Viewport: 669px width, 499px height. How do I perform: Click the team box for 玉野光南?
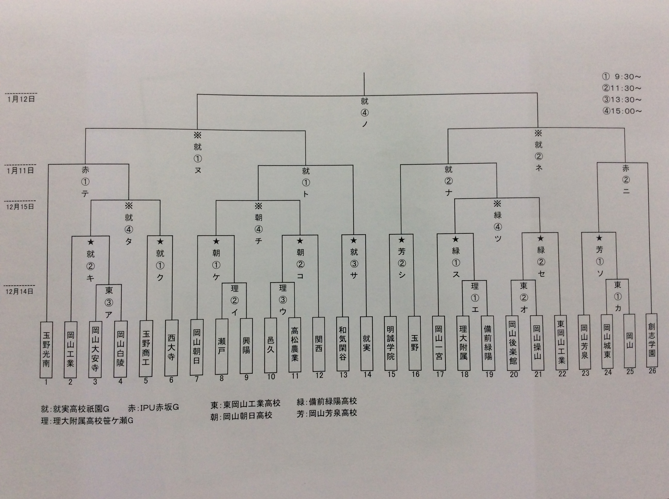coord(46,350)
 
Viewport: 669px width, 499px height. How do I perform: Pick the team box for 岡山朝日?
coord(197,347)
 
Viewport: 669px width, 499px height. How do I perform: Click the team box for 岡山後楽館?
coord(513,343)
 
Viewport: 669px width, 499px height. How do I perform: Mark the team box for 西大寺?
coord(171,348)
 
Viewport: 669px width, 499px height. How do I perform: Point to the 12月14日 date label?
coord(20,292)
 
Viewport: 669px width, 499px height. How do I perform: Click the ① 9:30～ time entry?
coord(622,77)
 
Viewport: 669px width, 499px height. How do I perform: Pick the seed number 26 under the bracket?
coord(652,371)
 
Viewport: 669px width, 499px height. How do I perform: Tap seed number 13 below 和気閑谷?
coord(343,375)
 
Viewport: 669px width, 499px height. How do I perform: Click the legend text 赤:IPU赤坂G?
coord(153,408)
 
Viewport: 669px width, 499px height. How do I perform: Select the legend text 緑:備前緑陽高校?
coord(327,401)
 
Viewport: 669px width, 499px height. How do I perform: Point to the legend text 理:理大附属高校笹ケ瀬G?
coord(87,421)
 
